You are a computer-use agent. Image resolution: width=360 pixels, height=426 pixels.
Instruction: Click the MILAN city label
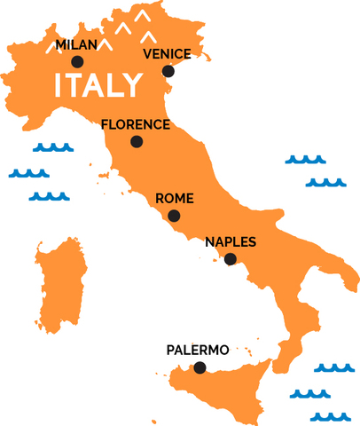tap(75, 44)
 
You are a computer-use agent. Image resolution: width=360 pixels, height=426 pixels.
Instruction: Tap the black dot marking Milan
tap(77, 62)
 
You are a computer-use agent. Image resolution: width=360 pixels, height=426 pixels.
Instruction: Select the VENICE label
tap(166, 54)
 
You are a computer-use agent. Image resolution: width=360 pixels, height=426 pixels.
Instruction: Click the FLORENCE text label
tap(135, 124)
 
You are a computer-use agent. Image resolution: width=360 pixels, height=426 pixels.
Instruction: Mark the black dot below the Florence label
tap(136, 141)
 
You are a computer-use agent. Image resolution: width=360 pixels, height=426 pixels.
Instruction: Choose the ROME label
tap(174, 199)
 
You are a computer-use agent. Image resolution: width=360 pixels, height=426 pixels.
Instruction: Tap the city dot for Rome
tap(174, 216)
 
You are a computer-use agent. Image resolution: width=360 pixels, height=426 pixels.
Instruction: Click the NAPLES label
tap(231, 241)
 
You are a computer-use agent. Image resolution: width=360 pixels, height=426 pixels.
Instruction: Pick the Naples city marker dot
tap(231, 259)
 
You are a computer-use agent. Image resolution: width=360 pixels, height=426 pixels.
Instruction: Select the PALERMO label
tap(198, 351)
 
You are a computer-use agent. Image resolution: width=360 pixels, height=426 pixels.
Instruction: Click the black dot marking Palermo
tap(199, 367)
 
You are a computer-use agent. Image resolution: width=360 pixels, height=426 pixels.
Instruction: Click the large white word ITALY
tap(98, 86)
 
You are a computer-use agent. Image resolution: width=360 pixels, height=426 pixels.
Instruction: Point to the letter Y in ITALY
tap(131, 86)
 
